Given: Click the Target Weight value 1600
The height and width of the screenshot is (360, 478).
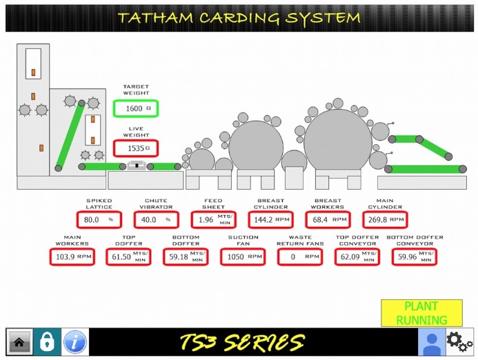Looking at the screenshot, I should (136, 108).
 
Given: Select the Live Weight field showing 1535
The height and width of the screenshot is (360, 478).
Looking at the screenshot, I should (136, 148).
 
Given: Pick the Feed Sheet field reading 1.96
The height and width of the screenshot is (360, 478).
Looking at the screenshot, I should (213, 220).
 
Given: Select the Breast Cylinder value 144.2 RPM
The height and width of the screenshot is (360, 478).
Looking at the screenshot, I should (271, 220).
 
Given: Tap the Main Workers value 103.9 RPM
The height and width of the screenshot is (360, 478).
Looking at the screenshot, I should (72, 257).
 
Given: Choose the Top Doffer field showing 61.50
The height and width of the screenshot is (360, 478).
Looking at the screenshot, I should (129, 257).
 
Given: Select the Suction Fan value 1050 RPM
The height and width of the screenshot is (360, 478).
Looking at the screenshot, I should (243, 257).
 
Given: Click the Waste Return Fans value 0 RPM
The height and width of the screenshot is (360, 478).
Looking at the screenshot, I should (300, 257).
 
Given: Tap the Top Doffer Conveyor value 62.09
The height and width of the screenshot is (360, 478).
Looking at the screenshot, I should (357, 257).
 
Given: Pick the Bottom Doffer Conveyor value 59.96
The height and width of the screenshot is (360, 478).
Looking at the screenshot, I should (414, 257).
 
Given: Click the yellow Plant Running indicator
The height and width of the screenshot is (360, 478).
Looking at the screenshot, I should (421, 313).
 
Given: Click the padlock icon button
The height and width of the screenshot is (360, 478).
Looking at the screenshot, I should (47, 342).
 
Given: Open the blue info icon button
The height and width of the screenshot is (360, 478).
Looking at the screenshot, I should (75, 342).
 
